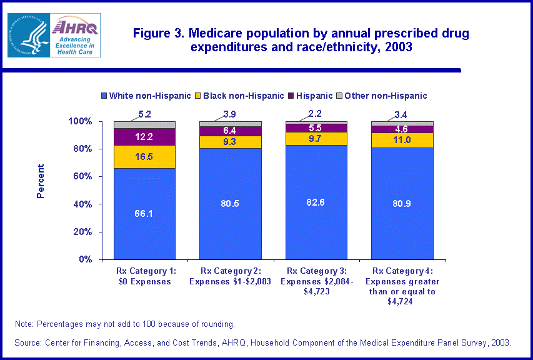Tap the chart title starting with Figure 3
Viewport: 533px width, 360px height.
coord(301,40)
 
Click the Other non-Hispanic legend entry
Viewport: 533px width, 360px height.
coord(382,96)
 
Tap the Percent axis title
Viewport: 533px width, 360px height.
coord(41,181)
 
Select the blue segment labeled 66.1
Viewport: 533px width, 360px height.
coord(144,214)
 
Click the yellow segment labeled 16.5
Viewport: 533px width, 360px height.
coord(144,157)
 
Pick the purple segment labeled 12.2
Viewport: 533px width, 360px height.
coord(144,136)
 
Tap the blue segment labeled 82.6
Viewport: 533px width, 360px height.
coord(316,202)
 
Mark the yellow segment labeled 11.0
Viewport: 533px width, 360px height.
coord(402,140)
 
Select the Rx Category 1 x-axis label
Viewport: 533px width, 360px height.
coord(144,276)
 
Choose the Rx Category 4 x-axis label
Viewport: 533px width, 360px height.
coord(402,286)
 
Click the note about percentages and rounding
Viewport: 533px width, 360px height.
coord(125,324)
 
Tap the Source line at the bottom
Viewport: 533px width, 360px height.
coord(263,342)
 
